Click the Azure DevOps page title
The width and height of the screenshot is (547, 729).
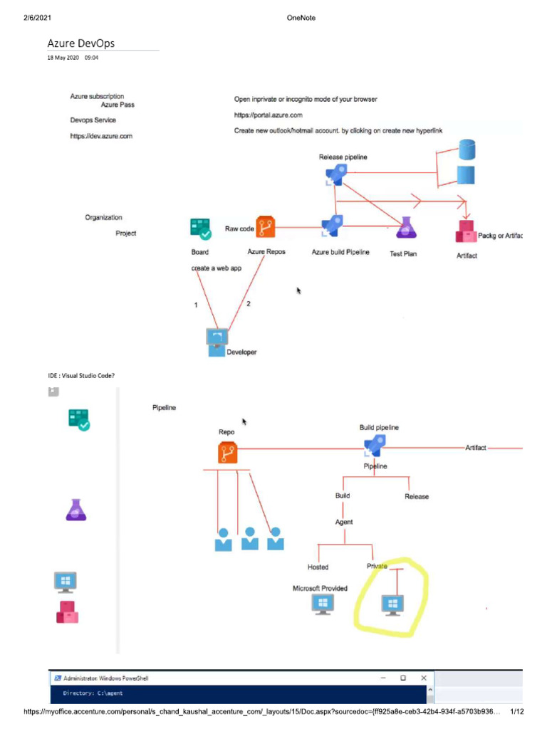click(x=80, y=43)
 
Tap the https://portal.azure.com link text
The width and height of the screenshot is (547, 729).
click(x=269, y=115)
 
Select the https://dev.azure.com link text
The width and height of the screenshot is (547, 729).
click(x=101, y=136)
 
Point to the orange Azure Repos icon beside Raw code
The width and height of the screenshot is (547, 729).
click(x=266, y=227)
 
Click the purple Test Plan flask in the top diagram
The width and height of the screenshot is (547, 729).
click(x=406, y=227)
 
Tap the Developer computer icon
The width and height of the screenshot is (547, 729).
click(x=217, y=341)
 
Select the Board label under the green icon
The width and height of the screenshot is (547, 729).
click(x=200, y=252)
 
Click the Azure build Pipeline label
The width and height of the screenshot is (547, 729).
click(x=340, y=252)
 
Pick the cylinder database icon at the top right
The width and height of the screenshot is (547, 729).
click(x=467, y=150)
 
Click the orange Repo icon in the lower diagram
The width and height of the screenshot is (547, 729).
click(x=227, y=452)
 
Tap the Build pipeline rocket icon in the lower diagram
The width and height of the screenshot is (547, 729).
click(x=373, y=446)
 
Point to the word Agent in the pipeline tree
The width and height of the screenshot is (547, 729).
click(x=344, y=522)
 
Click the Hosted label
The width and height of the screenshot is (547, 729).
click(x=318, y=567)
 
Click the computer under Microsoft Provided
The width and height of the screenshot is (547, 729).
click(x=323, y=604)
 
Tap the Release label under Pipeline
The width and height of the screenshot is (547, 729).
click(x=417, y=496)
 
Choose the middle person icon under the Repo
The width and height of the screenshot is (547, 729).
click(x=249, y=539)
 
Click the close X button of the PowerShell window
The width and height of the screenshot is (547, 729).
click(x=424, y=678)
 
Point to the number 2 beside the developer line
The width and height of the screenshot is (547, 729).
click(x=249, y=304)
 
